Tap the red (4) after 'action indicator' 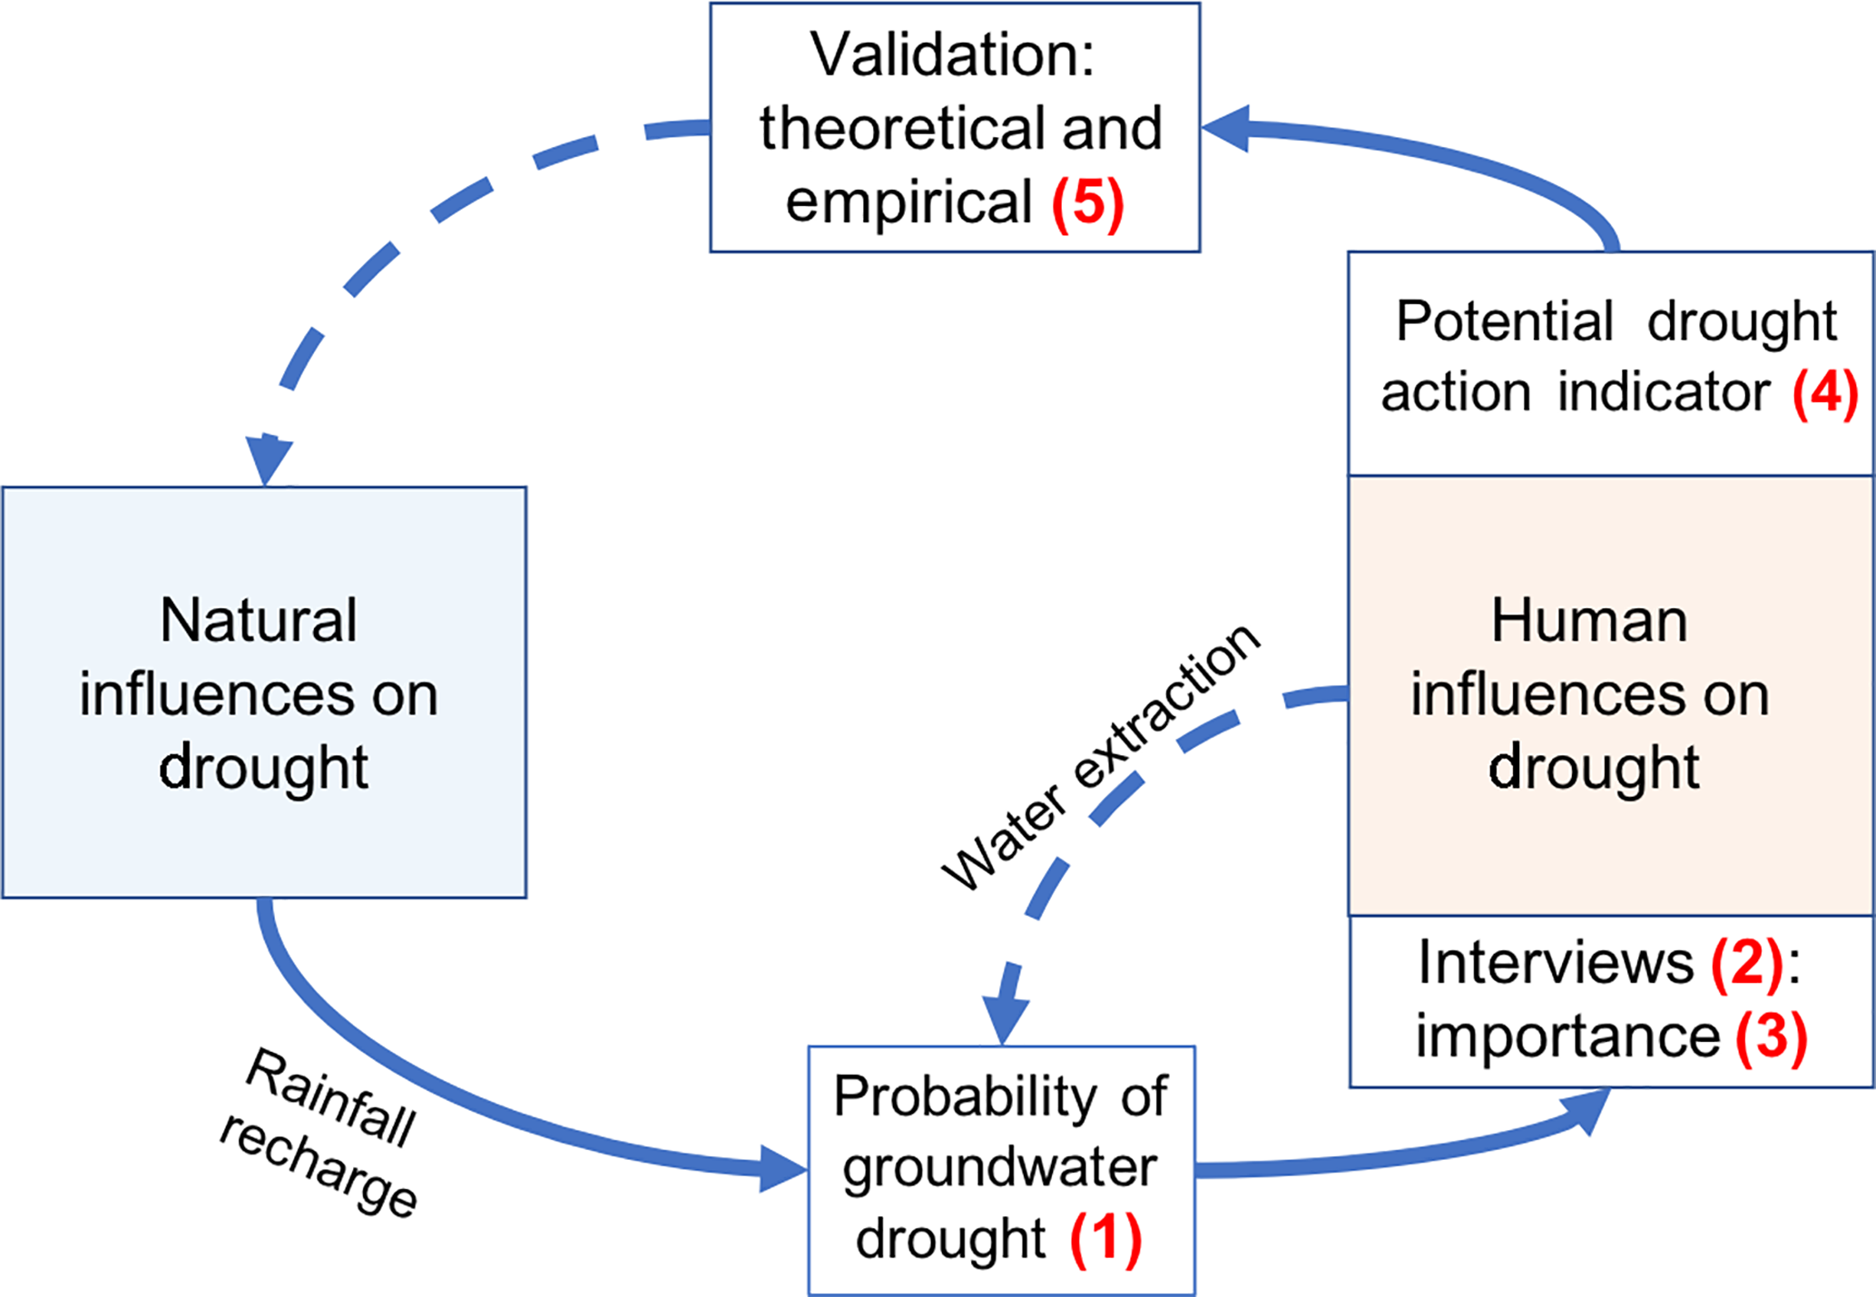coord(1824,393)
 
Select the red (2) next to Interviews coord(1746,963)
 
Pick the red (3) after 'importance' coord(1771,1037)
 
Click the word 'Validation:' coord(953,54)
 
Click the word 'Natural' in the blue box coord(259,621)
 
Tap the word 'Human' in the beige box coord(1589,621)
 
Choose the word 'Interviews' coord(1556,963)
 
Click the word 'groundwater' coord(999,1167)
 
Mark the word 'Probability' coord(965,1096)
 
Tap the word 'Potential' coord(1504,321)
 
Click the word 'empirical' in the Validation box coord(909,201)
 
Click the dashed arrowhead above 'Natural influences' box coord(268,458)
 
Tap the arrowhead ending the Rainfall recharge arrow coord(782,1168)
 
